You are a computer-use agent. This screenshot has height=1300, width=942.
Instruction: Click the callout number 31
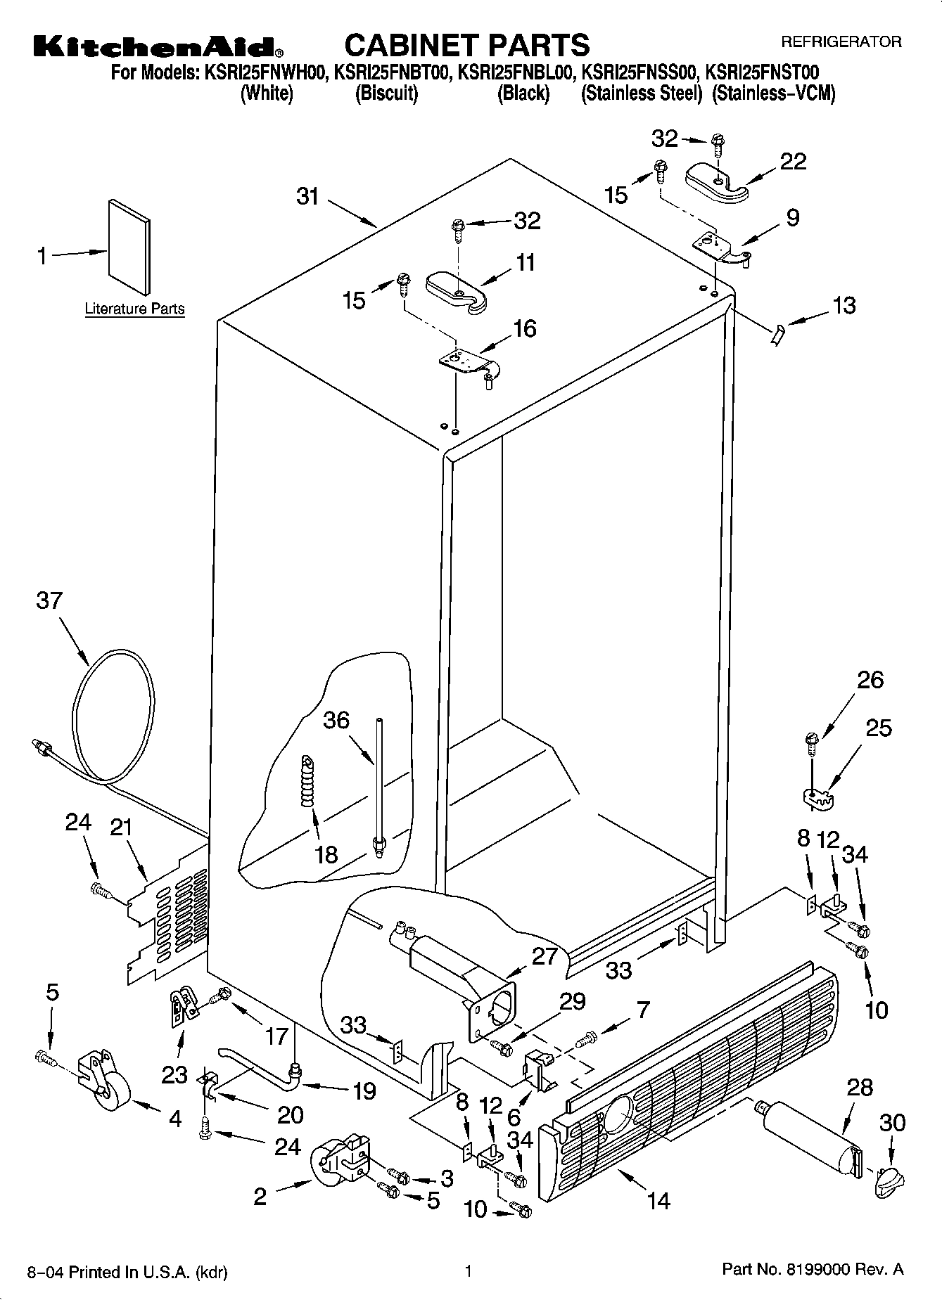(x=307, y=196)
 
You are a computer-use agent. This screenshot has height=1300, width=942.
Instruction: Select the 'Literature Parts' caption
(x=134, y=309)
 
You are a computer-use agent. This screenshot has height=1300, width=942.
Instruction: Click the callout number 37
(x=49, y=601)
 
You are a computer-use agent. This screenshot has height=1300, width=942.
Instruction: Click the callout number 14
(x=658, y=1200)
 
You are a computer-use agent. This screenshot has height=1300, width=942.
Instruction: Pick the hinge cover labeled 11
(x=459, y=290)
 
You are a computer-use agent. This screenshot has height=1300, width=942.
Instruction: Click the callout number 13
(x=844, y=305)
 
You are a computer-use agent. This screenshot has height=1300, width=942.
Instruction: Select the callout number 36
(x=336, y=720)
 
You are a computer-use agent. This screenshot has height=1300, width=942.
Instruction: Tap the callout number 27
(x=545, y=956)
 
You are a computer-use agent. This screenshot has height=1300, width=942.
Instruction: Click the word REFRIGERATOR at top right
(x=841, y=42)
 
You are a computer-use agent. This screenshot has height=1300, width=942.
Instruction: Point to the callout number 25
(x=878, y=728)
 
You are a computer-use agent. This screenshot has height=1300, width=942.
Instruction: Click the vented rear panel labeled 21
(x=169, y=914)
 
